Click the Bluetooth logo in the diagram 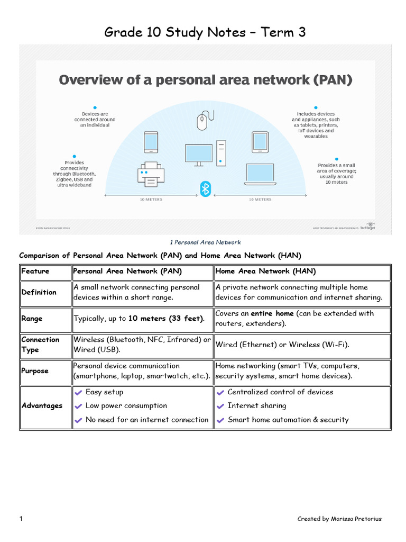[205, 188]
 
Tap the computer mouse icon [202, 122]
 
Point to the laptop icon [261, 174]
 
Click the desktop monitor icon [199, 154]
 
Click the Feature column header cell [35, 272]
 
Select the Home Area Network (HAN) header [266, 272]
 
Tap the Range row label [32, 319]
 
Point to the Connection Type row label [40, 345]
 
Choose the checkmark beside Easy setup [78, 393]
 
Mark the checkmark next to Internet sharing [220, 406]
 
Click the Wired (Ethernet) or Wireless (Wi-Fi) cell [282, 345]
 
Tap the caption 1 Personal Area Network [205, 242]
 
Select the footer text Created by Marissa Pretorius [339, 519]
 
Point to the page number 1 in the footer [21, 519]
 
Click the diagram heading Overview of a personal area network [205, 80]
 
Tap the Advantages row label [42, 406]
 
